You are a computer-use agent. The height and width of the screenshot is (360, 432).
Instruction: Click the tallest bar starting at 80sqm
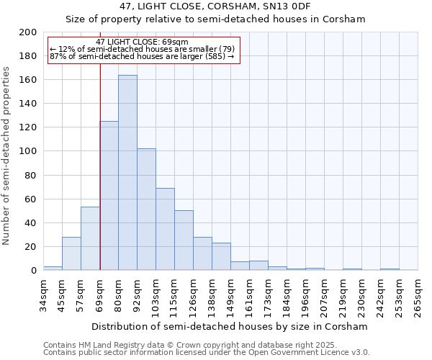[x=127, y=173]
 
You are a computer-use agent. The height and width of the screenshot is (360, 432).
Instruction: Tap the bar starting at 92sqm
[x=146, y=210]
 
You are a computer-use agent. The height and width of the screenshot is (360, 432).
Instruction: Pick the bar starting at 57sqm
[x=90, y=238]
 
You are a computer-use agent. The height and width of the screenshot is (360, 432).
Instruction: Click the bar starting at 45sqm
[x=71, y=253]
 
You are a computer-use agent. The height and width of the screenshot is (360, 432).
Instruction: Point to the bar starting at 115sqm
[x=184, y=240]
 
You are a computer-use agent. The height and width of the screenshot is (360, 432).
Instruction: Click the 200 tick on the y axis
[x=27, y=32]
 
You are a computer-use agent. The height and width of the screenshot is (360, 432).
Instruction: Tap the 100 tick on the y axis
[x=27, y=151]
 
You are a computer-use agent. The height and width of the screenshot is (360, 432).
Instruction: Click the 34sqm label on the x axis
[x=43, y=295]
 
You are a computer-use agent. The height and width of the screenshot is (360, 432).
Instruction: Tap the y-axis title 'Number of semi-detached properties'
[x=6, y=156]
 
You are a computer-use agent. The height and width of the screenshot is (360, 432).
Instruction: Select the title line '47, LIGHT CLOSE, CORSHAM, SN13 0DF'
[x=215, y=6]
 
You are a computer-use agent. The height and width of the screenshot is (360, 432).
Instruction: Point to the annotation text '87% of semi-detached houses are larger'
[x=142, y=56]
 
